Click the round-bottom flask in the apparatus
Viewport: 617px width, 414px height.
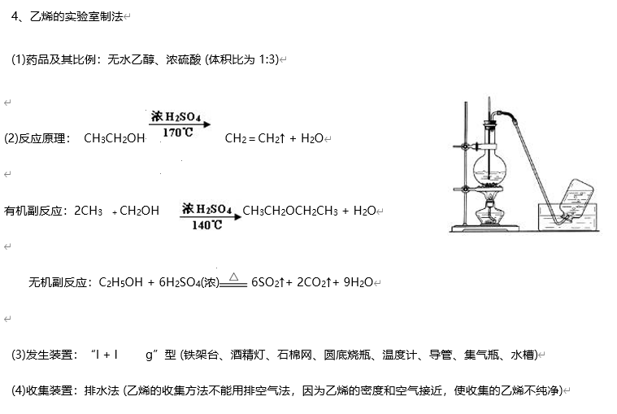pyautogui.click(x=491, y=172)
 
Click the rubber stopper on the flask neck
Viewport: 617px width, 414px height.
pyautogui.click(x=490, y=124)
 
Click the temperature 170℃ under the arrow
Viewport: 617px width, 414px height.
pyautogui.click(x=177, y=132)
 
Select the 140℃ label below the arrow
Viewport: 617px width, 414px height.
pyautogui.click(x=206, y=225)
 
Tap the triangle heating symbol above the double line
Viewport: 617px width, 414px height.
pyautogui.click(x=233, y=276)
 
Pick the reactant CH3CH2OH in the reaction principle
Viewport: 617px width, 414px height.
pyautogui.click(x=114, y=138)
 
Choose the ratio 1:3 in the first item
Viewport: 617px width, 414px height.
pyautogui.click(x=268, y=59)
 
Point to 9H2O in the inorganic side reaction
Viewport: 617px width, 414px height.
pyautogui.click(x=358, y=282)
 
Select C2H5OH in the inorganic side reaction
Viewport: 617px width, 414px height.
pyautogui.click(x=120, y=282)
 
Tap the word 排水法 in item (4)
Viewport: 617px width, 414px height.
pyautogui.click(x=101, y=390)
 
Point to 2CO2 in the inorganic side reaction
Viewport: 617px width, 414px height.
pyautogui.click(x=313, y=282)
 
